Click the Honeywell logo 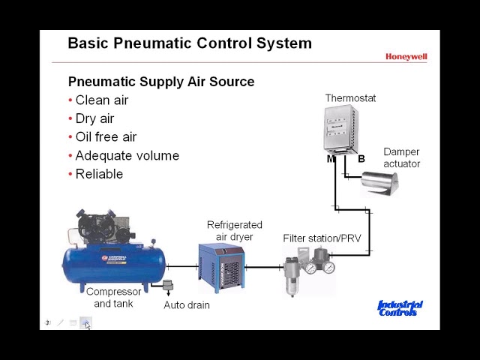click(406, 56)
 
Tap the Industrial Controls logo click(400, 308)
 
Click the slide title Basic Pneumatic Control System click(190, 43)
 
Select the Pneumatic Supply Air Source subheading click(161, 81)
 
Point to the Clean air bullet click(101, 100)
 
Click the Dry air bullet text click(94, 118)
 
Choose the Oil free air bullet click(106, 136)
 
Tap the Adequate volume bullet click(127, 155)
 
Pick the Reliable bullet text click(99, 174)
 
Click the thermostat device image click(340, 130)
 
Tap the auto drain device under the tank click(167, 287)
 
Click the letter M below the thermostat click(331, 159)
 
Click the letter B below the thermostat click(361, 159)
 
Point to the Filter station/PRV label click(322, 238)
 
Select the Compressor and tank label click(113, 297)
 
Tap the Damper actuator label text click(401, 157)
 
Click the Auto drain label click(187, 305)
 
